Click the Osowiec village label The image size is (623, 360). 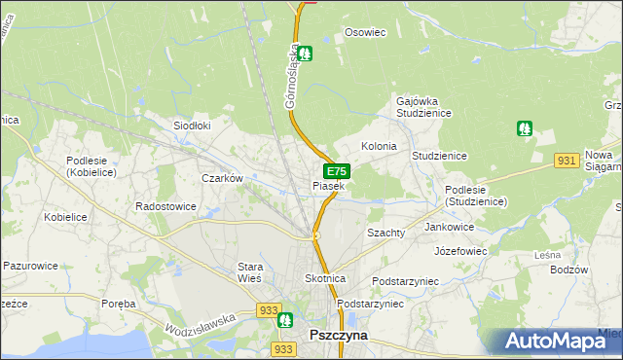coord(365,32)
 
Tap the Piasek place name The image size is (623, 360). coord(328,186)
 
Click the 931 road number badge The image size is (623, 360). coord(568,160)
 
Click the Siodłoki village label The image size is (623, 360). coord(192,126)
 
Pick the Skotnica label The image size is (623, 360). coord(325,278)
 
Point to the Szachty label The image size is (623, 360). coord(385,234)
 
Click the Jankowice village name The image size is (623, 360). coord(450,227)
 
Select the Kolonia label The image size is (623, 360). coord(379,146)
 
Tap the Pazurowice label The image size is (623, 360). coord(31,265)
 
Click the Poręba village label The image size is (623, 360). coord(119,304)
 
